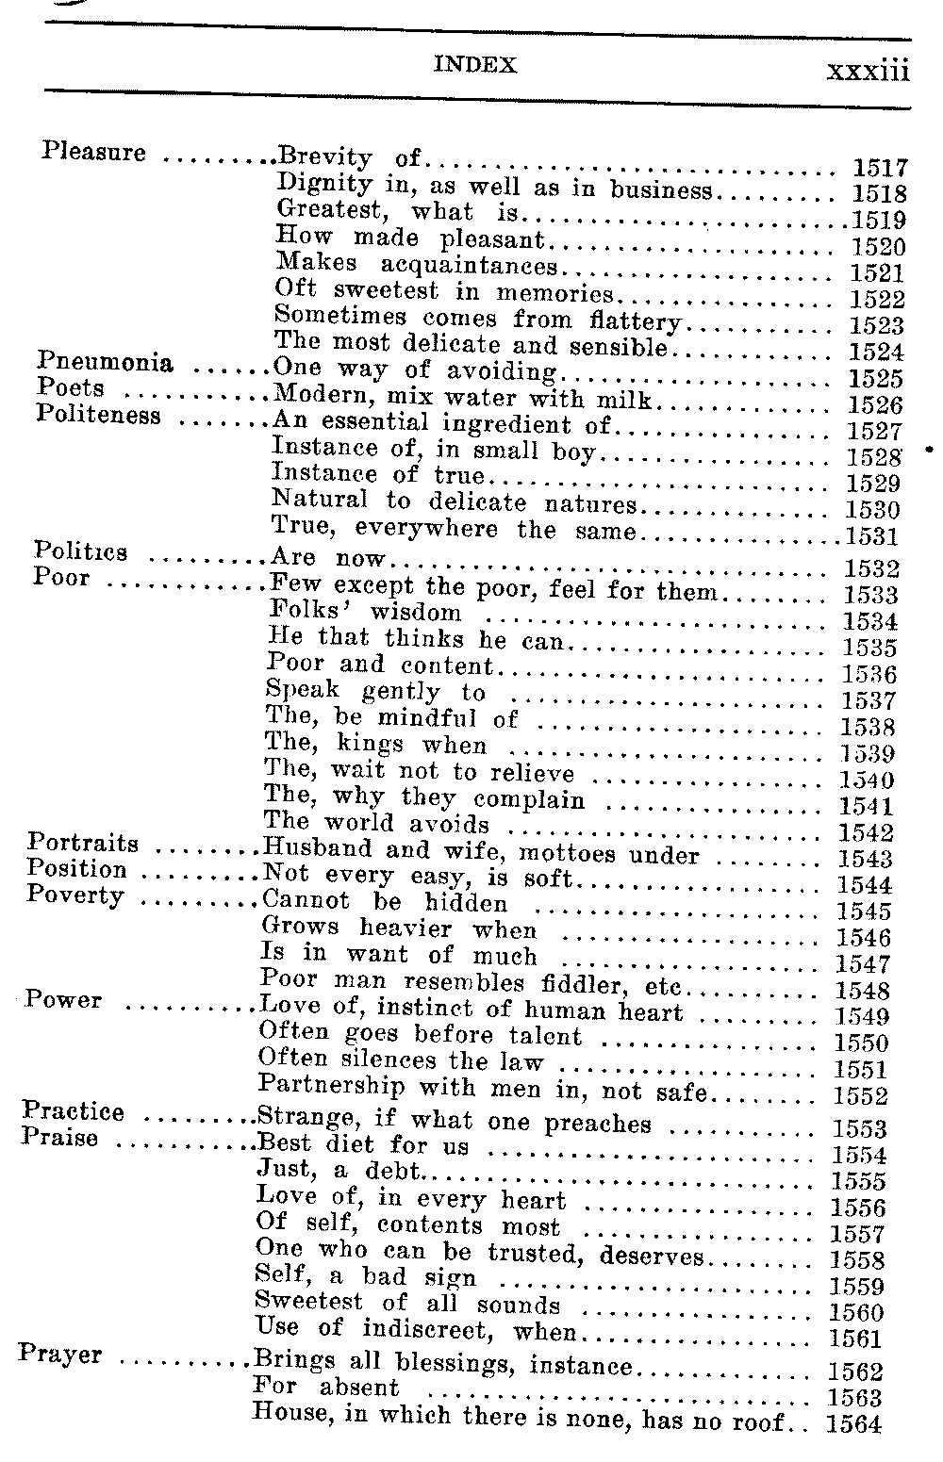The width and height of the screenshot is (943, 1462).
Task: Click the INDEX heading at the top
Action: (475, 65)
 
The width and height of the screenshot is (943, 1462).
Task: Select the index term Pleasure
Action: (94, 152)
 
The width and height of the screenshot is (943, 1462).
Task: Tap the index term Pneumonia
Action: (105, 363)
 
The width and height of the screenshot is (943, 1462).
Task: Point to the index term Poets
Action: (71, 388)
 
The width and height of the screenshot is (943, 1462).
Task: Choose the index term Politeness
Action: (98, 415)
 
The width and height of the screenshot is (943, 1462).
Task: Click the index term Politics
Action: (81, 551)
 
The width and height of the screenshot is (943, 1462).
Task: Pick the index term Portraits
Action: (83, 843)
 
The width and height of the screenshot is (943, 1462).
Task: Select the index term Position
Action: (77, 869)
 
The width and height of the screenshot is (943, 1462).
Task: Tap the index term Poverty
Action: (75, 895)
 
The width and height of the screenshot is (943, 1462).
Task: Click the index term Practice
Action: (73, 1112)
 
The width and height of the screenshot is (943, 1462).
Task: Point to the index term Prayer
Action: (60, 1356)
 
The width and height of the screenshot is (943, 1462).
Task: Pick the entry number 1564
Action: (853, 1423)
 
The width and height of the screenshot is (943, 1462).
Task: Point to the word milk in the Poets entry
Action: (628, 400)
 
